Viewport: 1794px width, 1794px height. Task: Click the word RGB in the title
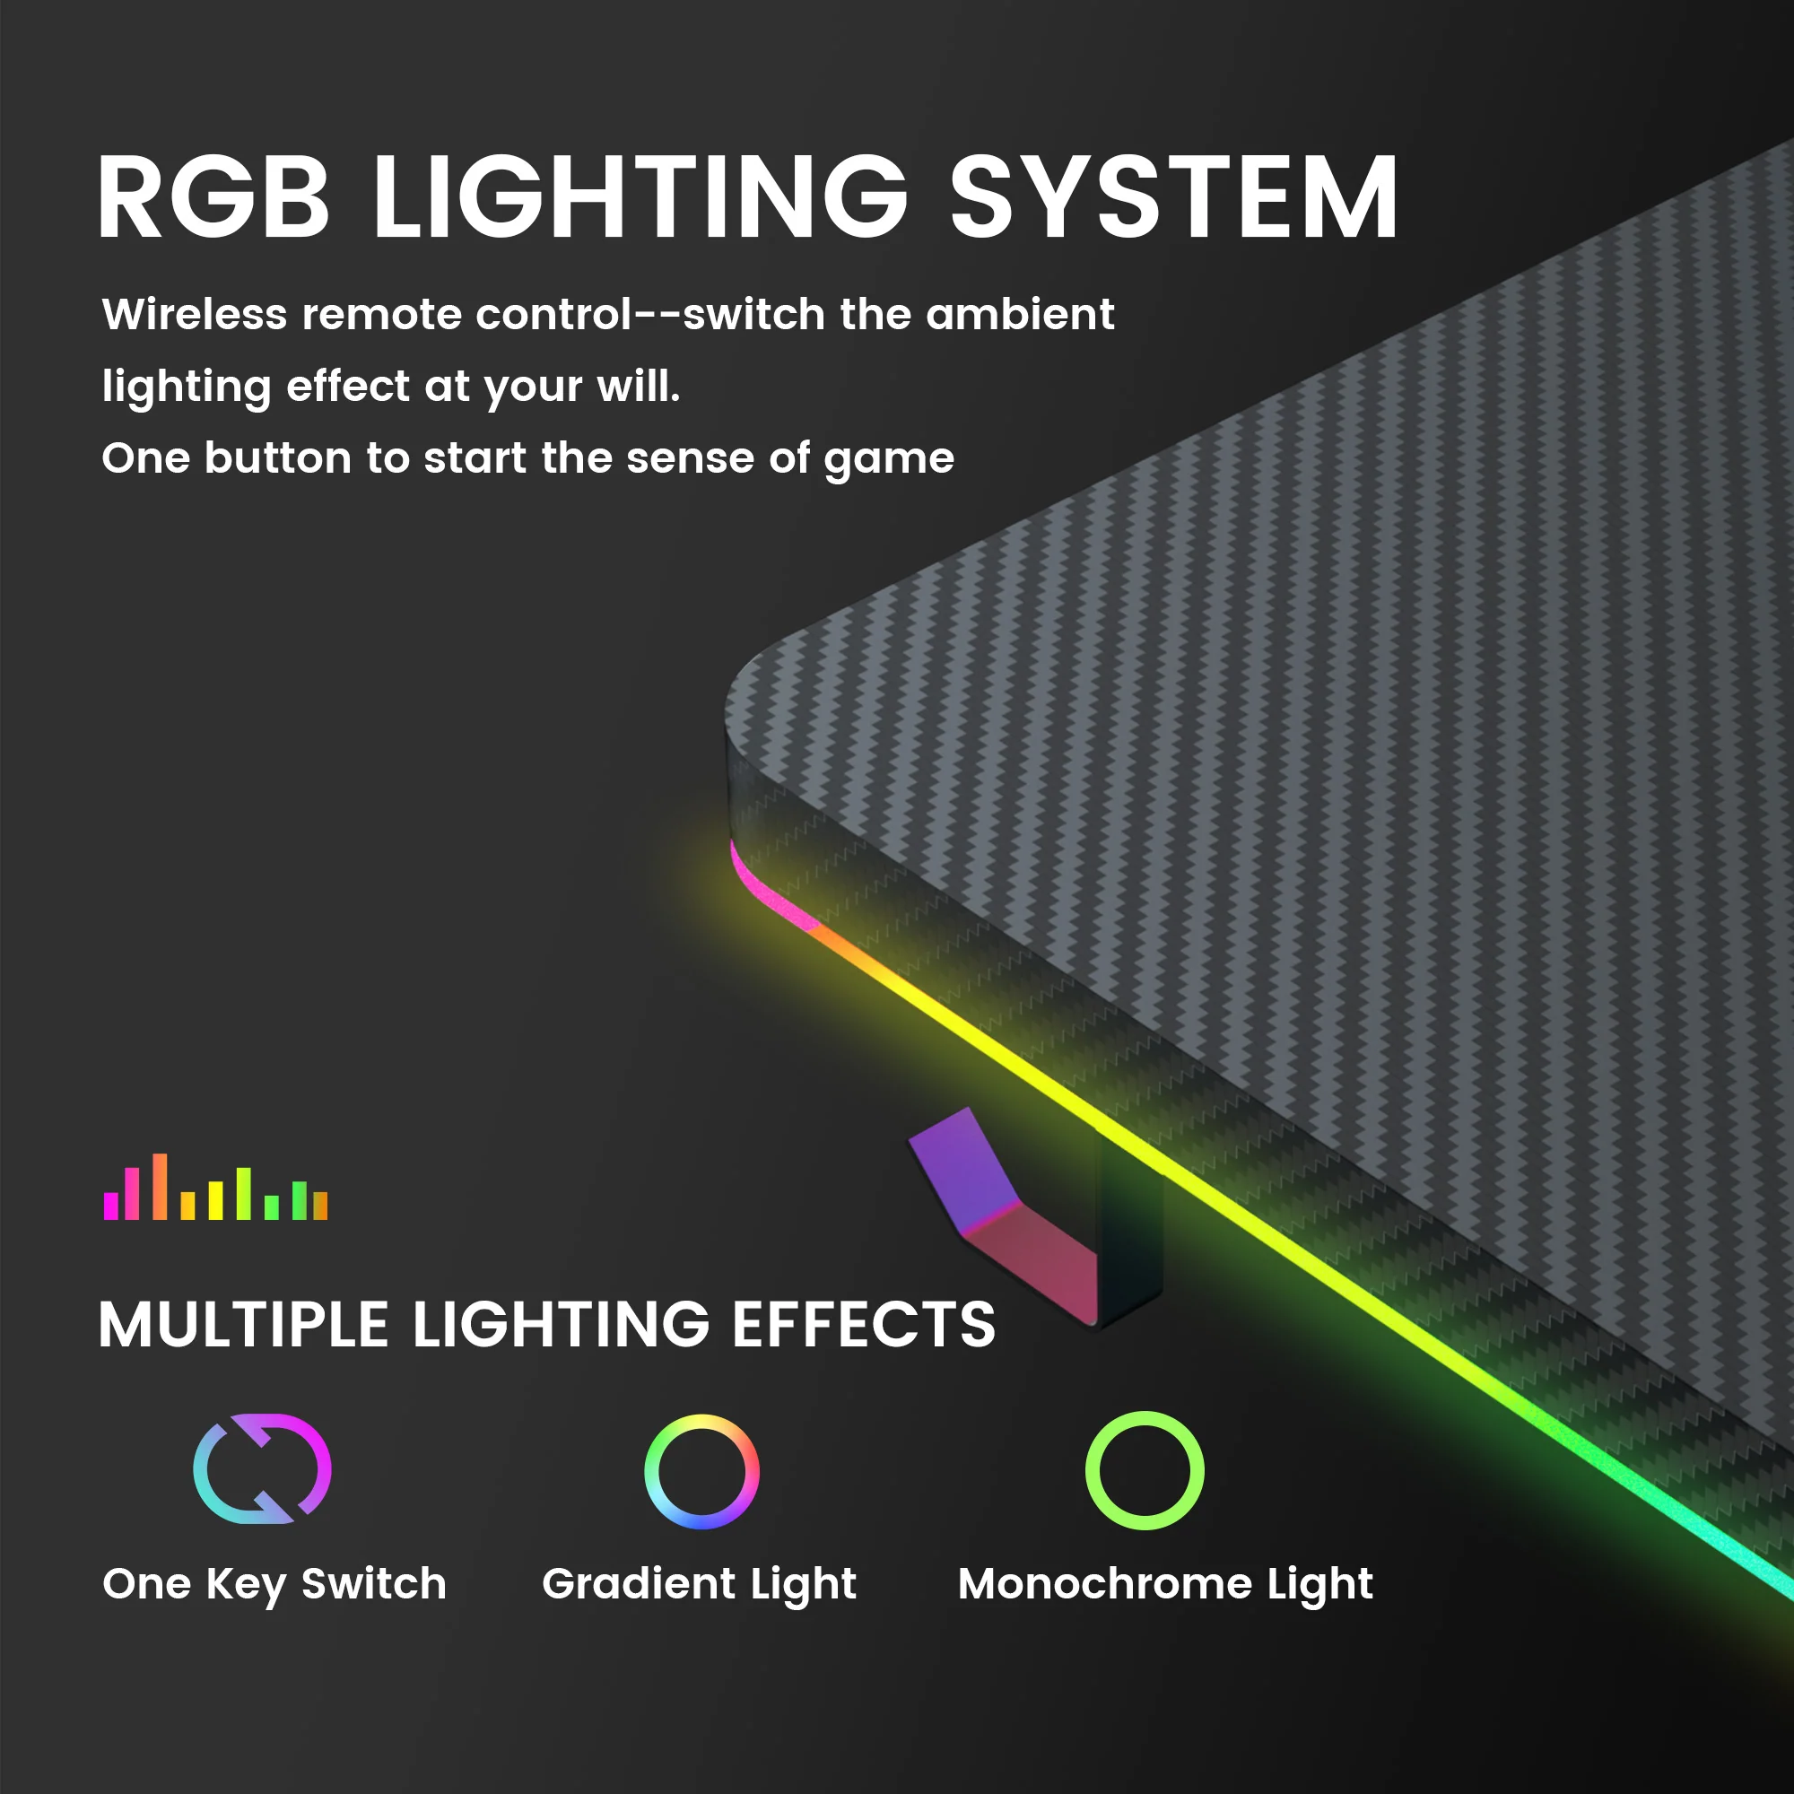pos(213,197)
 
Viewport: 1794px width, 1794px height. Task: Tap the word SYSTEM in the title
pos(1172,197)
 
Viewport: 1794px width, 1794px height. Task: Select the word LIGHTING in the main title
pos(640,197)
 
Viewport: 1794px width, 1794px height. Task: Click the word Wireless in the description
pos(194,315)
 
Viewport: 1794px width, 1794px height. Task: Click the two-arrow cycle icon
pos(262,1470)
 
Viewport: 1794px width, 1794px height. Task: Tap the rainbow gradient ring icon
pos(702,1472)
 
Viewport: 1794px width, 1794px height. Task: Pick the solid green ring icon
pos(1145,1471)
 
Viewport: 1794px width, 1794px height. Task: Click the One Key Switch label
pos(274,1584)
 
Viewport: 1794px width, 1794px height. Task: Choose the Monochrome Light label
pos(1165,1584)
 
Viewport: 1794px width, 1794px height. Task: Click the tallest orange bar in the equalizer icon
pos(161,1187)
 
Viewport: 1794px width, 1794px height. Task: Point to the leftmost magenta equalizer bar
pos(111,1206)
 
